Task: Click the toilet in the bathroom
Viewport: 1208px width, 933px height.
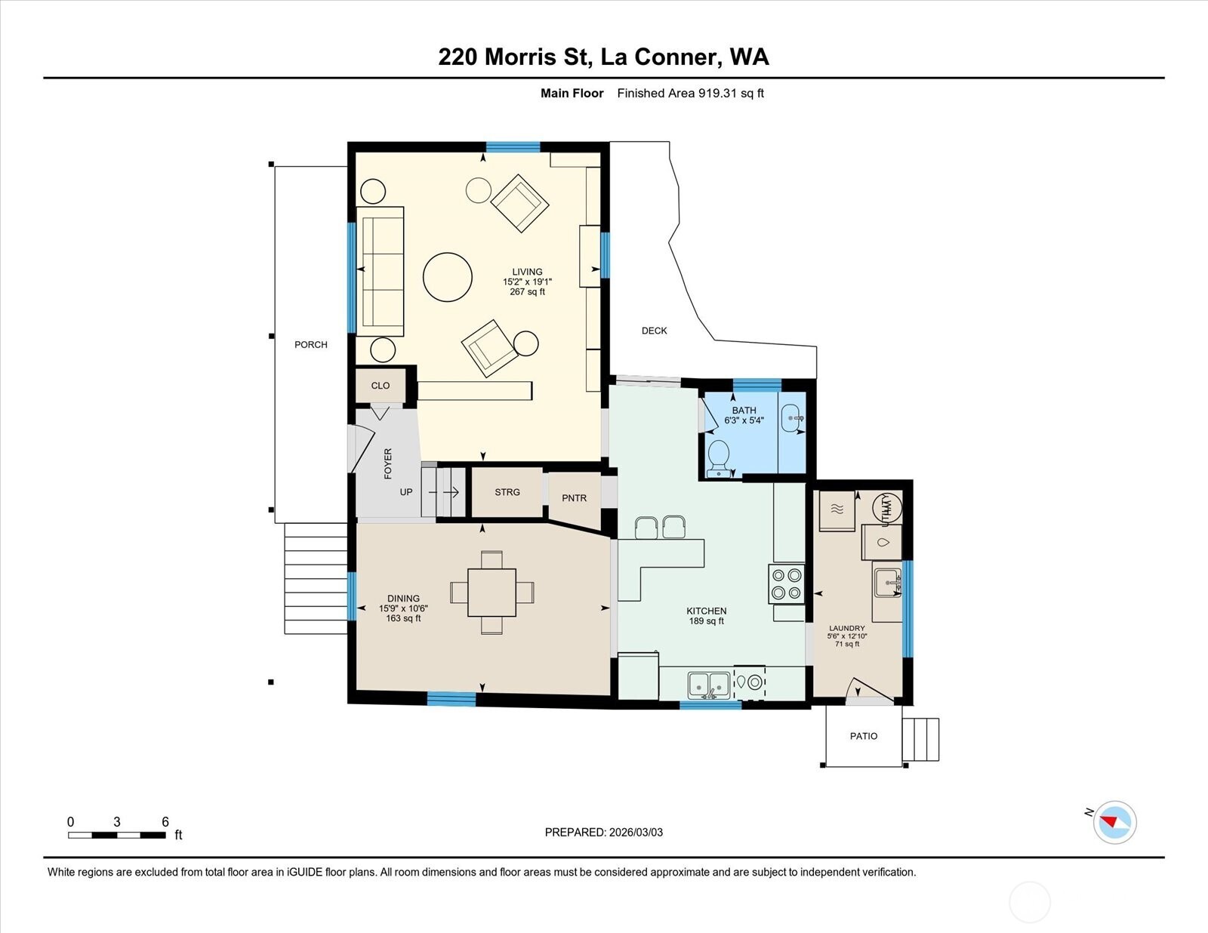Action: (718, 456)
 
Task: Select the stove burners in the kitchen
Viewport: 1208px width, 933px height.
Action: (786, 584)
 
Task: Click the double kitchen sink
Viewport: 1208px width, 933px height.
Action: (708, 685)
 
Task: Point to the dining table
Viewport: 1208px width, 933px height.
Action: (492, 592)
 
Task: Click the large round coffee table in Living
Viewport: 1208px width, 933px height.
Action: (448, 277)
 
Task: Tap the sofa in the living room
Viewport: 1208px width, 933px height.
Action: (380, 270)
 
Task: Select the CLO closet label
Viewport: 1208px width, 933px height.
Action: (381, 386)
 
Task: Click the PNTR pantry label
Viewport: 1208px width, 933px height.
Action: (574, 498)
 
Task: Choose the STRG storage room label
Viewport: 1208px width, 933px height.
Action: (507, 492)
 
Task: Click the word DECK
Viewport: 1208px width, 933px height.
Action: (654, 331)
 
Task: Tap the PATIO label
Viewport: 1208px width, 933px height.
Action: (864, 736)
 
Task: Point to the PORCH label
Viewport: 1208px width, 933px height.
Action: (311, 345)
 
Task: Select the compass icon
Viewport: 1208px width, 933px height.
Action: (1114, 822)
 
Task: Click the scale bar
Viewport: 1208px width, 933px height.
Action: (117, 835)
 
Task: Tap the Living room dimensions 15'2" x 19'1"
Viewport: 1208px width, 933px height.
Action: (527, 282)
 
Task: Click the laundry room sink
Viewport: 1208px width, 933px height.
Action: (887, 583)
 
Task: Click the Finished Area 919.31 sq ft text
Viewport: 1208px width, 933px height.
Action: (690, 94)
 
